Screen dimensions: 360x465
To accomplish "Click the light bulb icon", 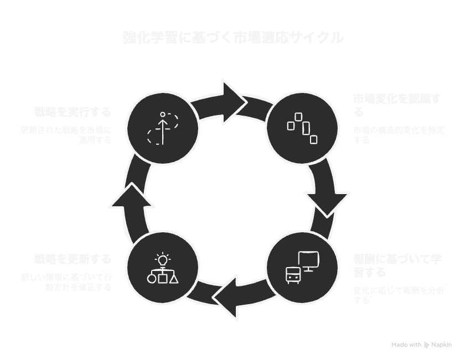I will tap(162, 258).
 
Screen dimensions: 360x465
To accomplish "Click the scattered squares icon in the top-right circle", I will tap(302, 128).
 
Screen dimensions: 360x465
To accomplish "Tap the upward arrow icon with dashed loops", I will tap(163, 128).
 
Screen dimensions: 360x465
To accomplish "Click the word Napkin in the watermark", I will tap(442, 345).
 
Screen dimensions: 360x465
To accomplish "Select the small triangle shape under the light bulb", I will tap(174, 278).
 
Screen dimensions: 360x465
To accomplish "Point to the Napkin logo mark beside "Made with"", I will tap(426, 345).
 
